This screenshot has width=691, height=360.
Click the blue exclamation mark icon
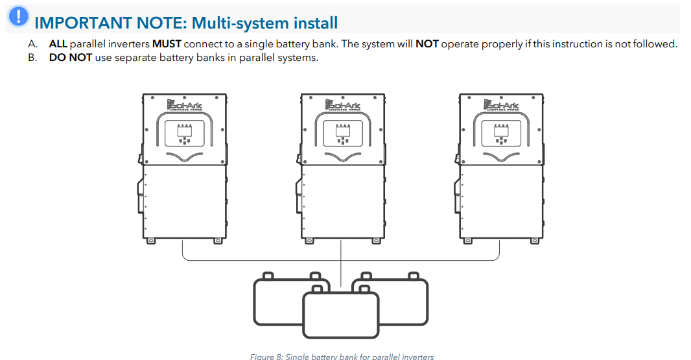tap(20, 16)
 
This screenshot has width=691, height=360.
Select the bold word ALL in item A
tap(58, 44)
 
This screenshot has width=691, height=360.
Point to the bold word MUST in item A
tap(167, 44)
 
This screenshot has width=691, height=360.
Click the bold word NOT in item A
tap(427, 44)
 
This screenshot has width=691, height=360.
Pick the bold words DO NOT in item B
tap(71, 57)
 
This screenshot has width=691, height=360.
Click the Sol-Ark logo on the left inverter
tap(185, 104)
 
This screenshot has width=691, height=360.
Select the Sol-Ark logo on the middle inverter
tap(343, 104)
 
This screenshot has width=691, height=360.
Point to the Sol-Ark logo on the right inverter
tap(501, 104)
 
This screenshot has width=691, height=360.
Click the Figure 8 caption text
tap(342, 356)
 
